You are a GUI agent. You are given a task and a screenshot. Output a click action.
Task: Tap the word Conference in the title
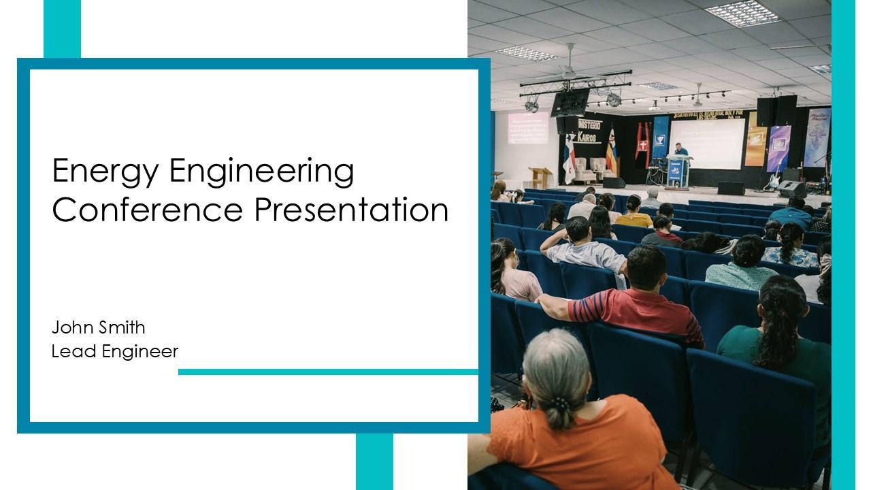tap(148, 210)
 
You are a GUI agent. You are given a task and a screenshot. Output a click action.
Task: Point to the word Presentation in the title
tap(352, 210)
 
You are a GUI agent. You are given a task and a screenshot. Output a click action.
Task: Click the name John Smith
tap(99, 327)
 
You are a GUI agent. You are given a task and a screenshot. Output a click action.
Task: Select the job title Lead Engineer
tap(115, 352)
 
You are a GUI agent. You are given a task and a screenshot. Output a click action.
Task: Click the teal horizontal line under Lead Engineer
tap(328, 372)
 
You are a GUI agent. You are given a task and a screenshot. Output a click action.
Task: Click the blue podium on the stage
tap(678, 171)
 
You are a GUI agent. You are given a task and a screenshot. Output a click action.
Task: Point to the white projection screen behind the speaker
tap(706, 144)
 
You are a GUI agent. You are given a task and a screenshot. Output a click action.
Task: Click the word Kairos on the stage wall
tap(587, 137)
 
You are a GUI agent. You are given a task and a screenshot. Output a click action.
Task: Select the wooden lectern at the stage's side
tap(540, 178)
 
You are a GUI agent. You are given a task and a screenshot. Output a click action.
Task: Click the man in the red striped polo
tap(630, 299)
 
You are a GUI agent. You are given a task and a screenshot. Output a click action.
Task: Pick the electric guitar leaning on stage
tap(774, 177)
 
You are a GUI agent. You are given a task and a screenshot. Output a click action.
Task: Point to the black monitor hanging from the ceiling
tap(570, 103)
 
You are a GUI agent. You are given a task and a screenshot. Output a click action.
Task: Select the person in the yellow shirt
tap(634, 212)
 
